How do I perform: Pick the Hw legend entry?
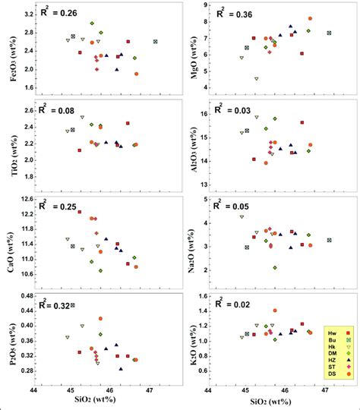[x=338, y=333]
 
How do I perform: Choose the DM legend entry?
[x=338, y=353]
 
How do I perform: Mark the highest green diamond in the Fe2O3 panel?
[x=92, y=24]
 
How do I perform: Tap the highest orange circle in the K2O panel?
[x=275, y=311]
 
